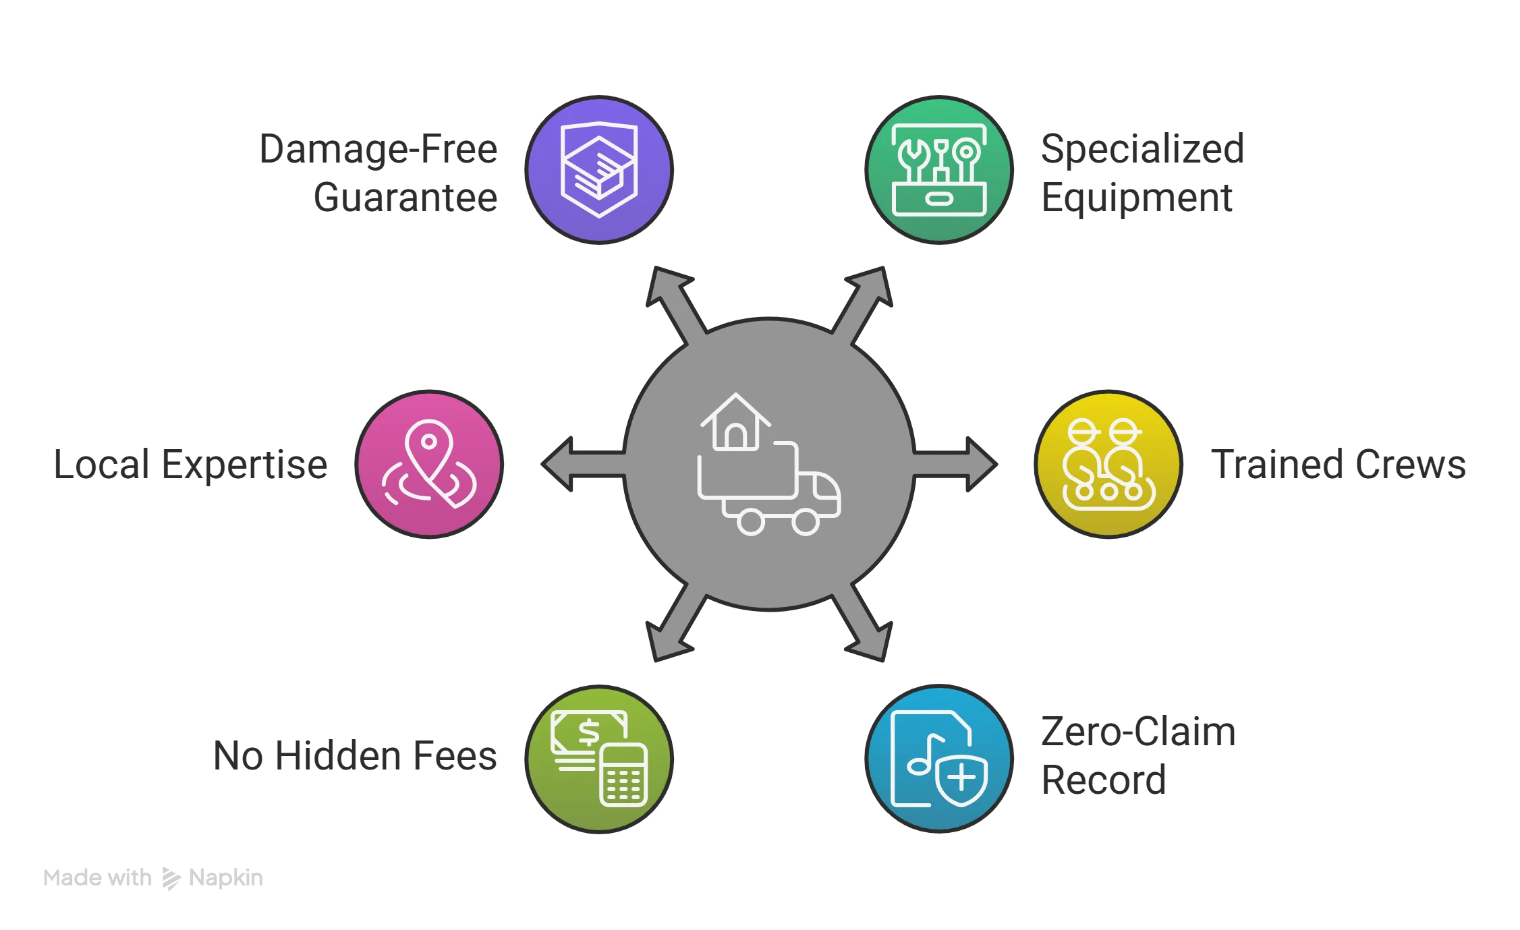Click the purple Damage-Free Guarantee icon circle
tap(599, 170)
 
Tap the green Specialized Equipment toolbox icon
tap(939, 170)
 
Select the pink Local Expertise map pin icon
tap(429, 464)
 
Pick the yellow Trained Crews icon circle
tap(1108, 464)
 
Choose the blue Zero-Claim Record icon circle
tap(939, 759)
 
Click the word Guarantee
tap(405, 198)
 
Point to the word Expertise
tap(245, 466)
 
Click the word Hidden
tap(339, 756)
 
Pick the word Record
tap(1104, 780)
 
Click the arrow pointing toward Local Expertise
tap(584, 464)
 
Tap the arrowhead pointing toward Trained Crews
tap(982, 464)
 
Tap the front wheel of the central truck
tap(806, 521)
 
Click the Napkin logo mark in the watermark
tap(171, 878)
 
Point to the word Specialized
tap(1143, 150)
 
